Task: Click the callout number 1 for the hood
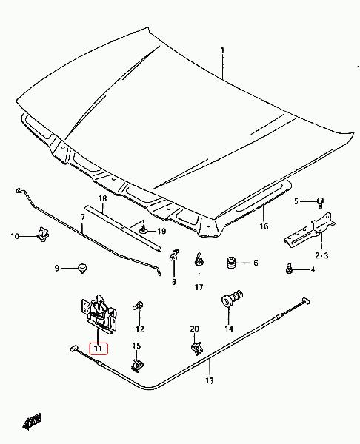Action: pyautogui.click(x=222, y=50)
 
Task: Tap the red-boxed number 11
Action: pyautogui.click(x=99, y=349)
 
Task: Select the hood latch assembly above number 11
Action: pyautogui.click(x=99, y=313)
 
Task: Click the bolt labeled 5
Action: pyautogui.click(x=320, y=203)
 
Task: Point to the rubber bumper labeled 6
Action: pyautogui.click(x=232, y=263)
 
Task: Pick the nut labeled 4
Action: pyautogui.click(x=289, y=269)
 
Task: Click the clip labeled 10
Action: pyautogui.click(x=43, y=234)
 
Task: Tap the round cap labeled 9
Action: pyautogui.click(x=82, y=268)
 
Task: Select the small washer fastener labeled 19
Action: pyautogui.click(x=144, y=230)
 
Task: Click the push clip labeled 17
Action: pyautogui.click(x=199, y=259)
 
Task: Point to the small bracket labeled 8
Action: pyautogui.click(x=173, y=255)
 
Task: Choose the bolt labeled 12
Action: pyautogui.click(x=138, y=306)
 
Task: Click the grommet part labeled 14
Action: pyautogui.click(x=231, y=299)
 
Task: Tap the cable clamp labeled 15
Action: pyautogui.click(x=137, y=365)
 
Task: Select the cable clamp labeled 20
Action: pyautogui.click(x=197, y=349)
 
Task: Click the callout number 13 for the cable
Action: pyautogui.click(x=210, y=380)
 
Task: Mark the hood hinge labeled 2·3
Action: pyautogui.click(x=310, y=231)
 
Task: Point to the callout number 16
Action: pyautogui.click(x=264, y=226)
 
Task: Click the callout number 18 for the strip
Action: pyautogui.click(x=103, y=198)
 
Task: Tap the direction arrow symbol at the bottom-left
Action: pyautogui.click(x=32, y=422)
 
